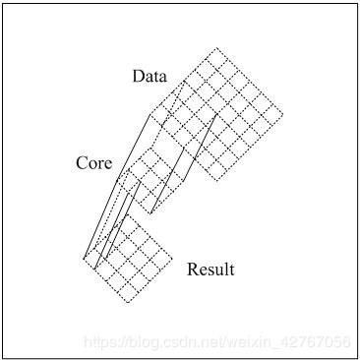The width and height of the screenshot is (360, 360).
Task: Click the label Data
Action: coord(150,77)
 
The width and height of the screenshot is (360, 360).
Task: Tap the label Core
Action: coord(94,162)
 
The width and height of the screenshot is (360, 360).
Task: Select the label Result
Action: coord(210,269)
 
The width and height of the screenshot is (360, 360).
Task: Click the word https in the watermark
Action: coord(99,341)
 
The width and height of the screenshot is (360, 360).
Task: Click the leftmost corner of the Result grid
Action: coord(84,258)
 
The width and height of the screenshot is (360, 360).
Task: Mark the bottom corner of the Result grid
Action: coord(127,302)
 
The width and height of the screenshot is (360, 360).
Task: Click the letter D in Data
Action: coord(139,77)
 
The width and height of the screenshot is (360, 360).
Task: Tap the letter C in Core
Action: coord(82,162)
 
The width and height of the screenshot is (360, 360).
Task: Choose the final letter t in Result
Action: coord(231,269)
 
